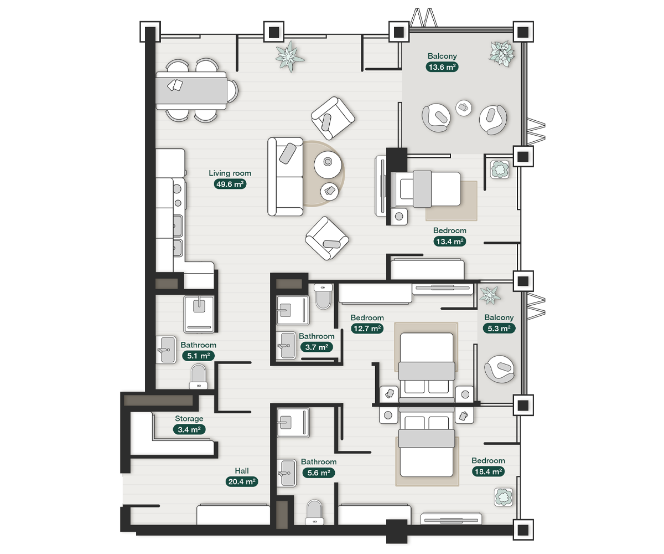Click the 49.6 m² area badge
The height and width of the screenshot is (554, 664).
(230, 184)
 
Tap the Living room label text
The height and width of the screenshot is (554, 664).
(230, 173)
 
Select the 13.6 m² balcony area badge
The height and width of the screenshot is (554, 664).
(442, 67)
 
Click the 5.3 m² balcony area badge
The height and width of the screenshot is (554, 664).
(499, 329)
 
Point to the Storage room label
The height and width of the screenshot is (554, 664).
(189, 419)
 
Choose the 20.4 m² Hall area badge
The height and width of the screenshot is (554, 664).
(242, 482)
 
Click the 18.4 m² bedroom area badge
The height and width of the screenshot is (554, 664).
(488, 471)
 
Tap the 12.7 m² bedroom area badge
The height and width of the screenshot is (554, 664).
(367, 329)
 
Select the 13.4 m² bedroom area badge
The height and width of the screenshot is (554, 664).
(450, 242)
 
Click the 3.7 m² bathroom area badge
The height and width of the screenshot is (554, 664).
(317, 347)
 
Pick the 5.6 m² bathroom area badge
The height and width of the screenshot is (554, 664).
(319, 473)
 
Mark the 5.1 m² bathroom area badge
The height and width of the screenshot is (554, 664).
(199, 356)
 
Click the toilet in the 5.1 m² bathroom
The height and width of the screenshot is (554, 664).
(199, 377)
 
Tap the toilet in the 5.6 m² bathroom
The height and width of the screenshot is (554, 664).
(314, 512)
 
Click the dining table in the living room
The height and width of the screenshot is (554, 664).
(191, 91)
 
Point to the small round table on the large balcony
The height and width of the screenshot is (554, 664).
(464, 108)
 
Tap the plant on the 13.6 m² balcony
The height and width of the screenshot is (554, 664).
(502, 53)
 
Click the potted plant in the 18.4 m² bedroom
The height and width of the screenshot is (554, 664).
(504, 497)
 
